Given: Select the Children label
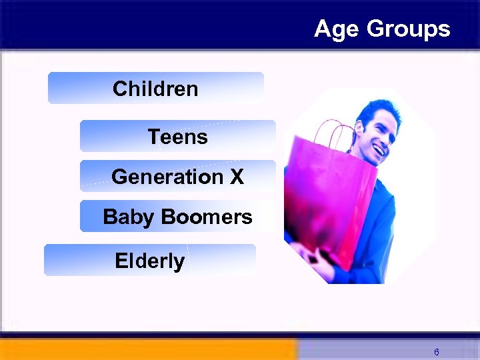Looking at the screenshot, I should pyautogui.click(x=155, y=89).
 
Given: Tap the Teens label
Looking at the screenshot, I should pyautogui.click(x=177, y=137).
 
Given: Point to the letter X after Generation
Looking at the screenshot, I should pyautogui.click(x=236, y=177).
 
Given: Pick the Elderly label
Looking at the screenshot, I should pyautogui.click(x=149, y=261).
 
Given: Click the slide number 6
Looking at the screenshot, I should pyautogui.click(x=436, y=351).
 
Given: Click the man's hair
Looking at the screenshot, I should pyautogui.click(x=381, y=108).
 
